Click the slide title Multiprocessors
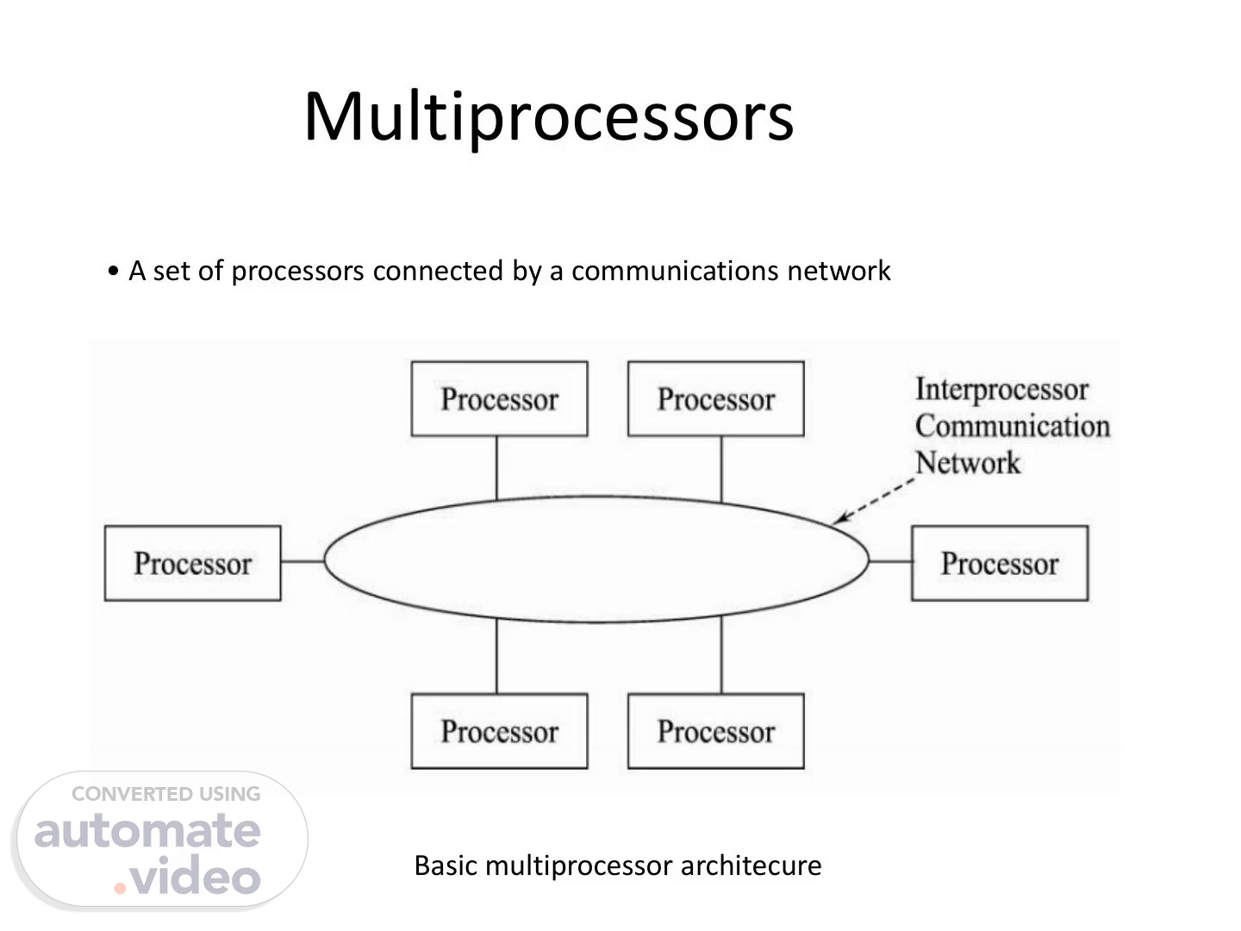[x=548, y=116]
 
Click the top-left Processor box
[x=499, y=399]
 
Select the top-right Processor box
[x=715, y=399]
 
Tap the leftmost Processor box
[x=192, y=563]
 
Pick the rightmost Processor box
[x=1000, y=563]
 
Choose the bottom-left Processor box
[x=499, y=731]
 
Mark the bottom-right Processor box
[x=715, y=731]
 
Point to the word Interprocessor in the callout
[x=1001, y=389]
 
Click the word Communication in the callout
[x=1012, y=426]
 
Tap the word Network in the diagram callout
[x=967, y=463]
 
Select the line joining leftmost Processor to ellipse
[x=302, y=561]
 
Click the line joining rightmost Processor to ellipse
[x=890, y=561]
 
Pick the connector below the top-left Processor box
[x=496, y=467]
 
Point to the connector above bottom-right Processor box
[x=721, y=656]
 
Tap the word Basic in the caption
[x=446, y=865]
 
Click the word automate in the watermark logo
[x=147, y=831]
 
